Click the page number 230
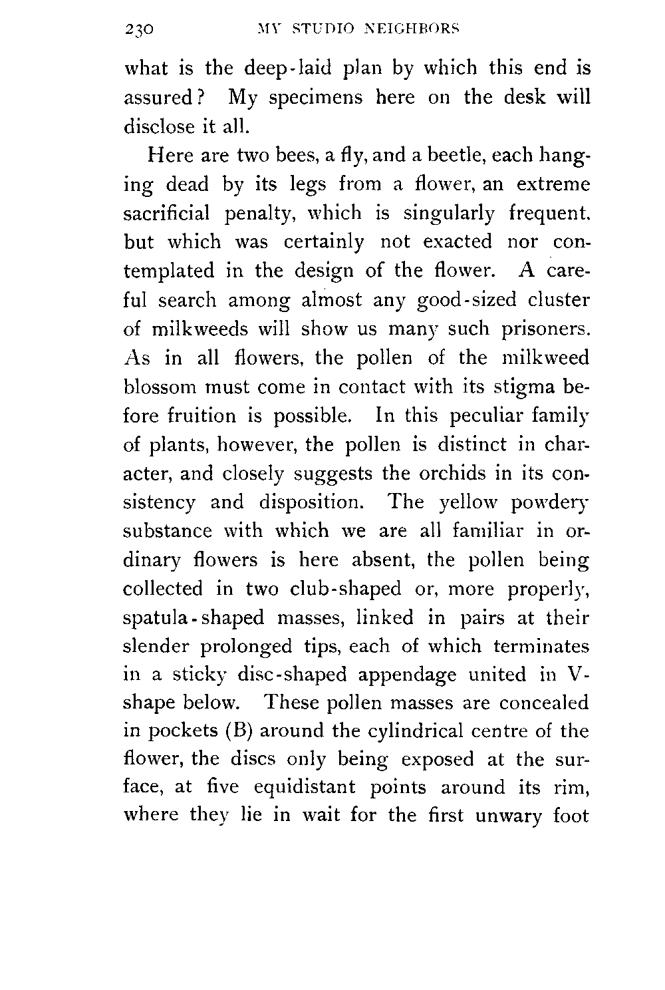139,29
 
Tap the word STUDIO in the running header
315,29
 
